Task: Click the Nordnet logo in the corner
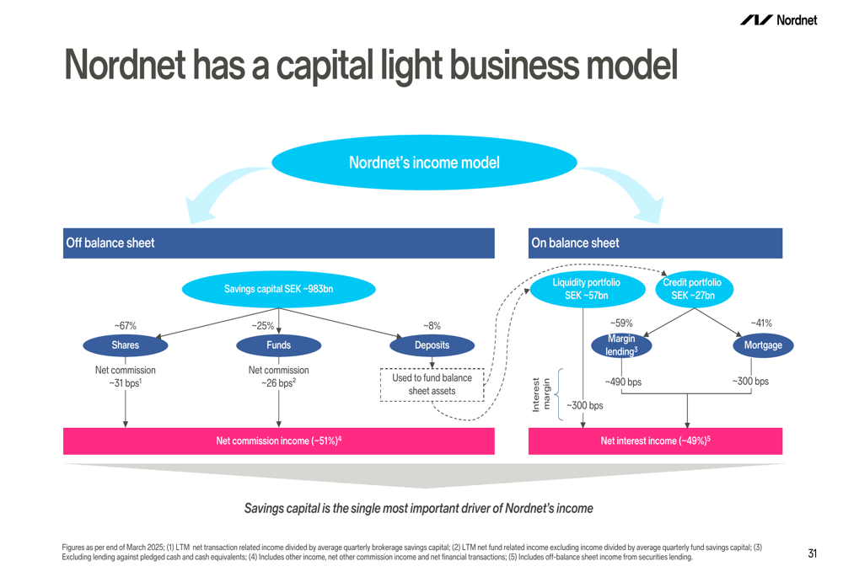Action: (x=778, y=20)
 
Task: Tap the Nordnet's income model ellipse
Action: (x=424, y=163)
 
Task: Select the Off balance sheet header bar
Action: (x=278, y=243)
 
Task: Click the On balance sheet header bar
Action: (x=655, y=243)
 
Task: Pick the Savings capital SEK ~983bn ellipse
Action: (x=278, y=289)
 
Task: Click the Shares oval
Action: (x=126, y=345)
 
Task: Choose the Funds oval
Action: (x=278, y=345)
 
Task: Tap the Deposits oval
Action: (x=432, y=345)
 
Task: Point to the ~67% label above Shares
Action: (x=126, y=326)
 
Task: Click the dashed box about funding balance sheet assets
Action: (x=432, y=385)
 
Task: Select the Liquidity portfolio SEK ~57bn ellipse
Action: (x=587, y=289)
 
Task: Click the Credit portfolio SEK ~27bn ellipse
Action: (x=694, y=289)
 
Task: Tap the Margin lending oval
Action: (x=621, y=345)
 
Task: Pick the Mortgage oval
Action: (x=763, y=345)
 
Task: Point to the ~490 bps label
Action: (x=623, y=382)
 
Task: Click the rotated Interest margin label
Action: (x=541, y=395)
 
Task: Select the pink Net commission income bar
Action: (x=278, y=441)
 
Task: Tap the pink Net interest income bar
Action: (x=655, y=441)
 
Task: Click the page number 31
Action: (x=813, y=553)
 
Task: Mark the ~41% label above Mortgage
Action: (x=761, y=323)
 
